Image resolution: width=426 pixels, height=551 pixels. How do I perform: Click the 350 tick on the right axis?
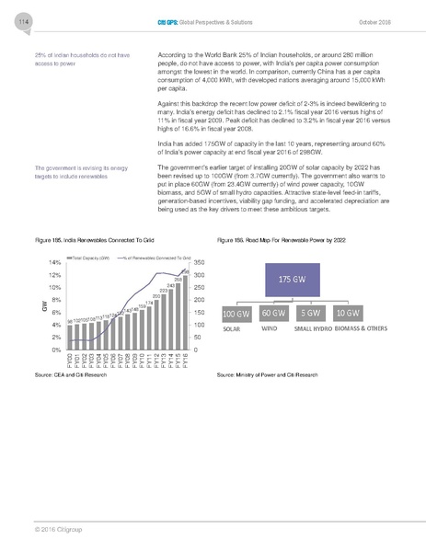[201, 262]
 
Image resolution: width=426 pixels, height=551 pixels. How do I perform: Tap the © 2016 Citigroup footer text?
[52, 529]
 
